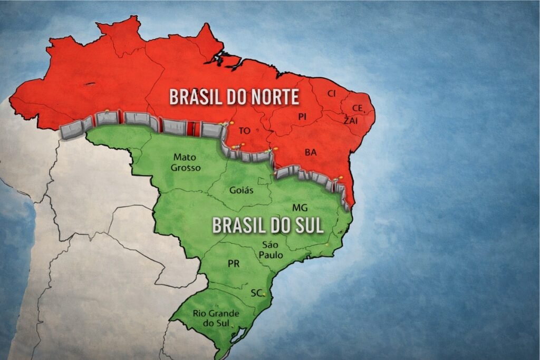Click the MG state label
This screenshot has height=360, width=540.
[299, 207]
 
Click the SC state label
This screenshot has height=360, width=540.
[256, 293]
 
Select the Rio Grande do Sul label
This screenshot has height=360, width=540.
[216, 317]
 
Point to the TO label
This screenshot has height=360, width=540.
[244, 131]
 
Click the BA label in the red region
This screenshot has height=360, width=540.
[311, 152]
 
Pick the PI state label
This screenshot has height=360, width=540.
[302, 117]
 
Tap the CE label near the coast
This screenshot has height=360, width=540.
[358, 108]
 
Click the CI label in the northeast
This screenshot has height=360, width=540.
[331, 93]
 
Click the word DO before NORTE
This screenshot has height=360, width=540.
[230, 97]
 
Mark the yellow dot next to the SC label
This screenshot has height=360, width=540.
[264, 294]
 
